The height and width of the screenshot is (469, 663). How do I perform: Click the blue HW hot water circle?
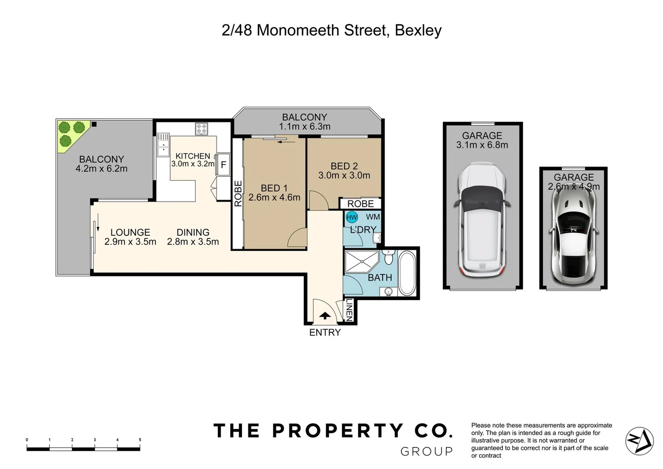pyautogui.click(x=352, y=217)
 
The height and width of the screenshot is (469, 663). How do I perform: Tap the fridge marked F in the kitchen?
pyautogui.click(x=223, y=165)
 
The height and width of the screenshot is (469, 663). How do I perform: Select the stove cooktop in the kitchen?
pyautogui.click(x=202, y=129)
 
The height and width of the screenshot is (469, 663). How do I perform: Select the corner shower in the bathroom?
pyautogui.click(x=361, y=262)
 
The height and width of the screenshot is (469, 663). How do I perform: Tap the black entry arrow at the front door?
pyautogui.click(x=325, y=316)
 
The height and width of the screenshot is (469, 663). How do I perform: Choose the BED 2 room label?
pyautogui.click(x=344, y=166)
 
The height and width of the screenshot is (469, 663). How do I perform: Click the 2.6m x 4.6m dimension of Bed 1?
pyautogui.click(x=274, y=198)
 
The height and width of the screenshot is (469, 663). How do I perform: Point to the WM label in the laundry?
pyautogui.click(x=373, y=217)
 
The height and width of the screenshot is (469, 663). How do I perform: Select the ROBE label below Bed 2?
pyautogui.click(x=360, y=204)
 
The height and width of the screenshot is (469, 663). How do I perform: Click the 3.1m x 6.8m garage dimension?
pyautogui.click(x=482, y=145)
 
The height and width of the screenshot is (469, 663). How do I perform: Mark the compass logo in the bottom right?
pyautogui.click(x=639, y=441)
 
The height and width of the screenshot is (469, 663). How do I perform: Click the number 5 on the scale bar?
pyautogui.click(x=140, y=440)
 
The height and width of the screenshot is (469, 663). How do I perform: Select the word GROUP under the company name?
pyautogui.click(x=426, y=452)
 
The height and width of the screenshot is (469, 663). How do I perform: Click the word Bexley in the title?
pyautogui.click(x=418, y=30)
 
